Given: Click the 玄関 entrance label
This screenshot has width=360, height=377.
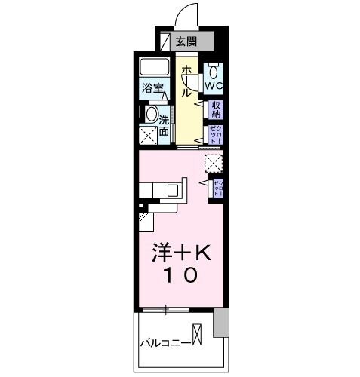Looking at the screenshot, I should pos(186,42).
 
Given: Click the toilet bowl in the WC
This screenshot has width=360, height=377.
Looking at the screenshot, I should pos(214,72).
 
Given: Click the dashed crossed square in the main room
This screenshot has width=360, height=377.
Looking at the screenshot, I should pos(214,163).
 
